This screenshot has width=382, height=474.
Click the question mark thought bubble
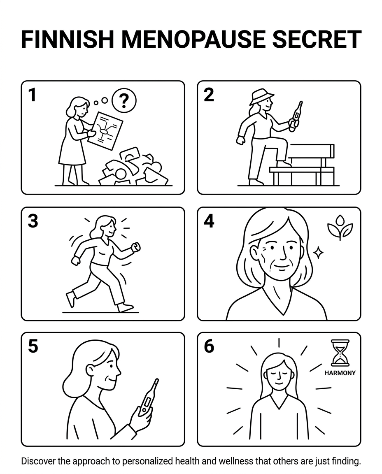tap(124, 100)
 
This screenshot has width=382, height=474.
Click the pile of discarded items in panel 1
tap(134, 167)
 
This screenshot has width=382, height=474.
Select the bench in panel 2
tap(303, 165)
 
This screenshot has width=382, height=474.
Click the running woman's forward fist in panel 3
tap(136, 247)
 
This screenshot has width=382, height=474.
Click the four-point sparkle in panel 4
tap(318, 252)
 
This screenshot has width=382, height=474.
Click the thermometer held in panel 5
tap(148, 397)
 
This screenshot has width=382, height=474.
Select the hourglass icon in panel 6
tap(340, 353)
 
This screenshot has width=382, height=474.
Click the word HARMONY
tap(340, 373)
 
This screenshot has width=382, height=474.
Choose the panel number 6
tap(209, 346)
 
